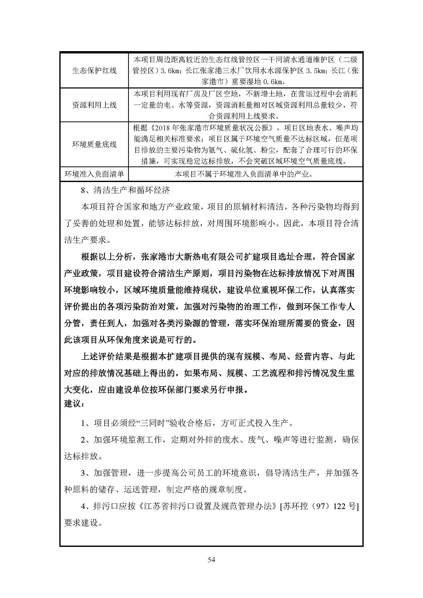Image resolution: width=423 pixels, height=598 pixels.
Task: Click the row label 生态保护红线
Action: pyautogui.click(x=94, y=71)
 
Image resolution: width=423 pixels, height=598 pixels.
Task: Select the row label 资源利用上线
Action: pyautogui.click(x=94, y=105)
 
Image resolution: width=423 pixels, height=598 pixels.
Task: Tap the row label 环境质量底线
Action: pyautogui.click(x=94, y=144)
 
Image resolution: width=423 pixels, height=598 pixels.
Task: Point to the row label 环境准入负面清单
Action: pyautogui.click(x=94, y=174)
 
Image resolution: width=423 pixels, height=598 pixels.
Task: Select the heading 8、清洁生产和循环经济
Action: pyautogui.click(x=126, y=190)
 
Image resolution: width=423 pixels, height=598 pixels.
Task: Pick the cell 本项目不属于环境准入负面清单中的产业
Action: pyautogui.click(x=244, y=174)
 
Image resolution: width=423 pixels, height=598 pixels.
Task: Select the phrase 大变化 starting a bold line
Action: pyautogui.click(x=77, y=390)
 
